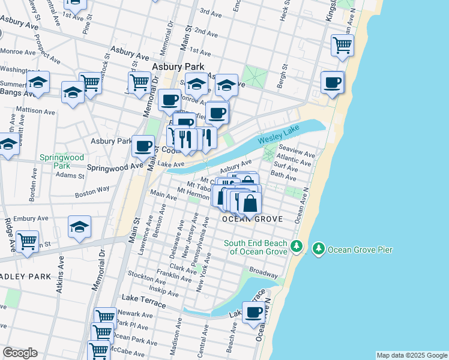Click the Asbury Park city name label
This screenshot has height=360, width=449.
(178, 67)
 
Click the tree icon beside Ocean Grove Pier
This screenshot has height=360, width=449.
(318, 248)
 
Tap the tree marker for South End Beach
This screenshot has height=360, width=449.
(295, 247)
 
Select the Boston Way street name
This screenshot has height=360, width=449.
(92, 191)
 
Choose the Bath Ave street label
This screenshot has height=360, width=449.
(283, 177)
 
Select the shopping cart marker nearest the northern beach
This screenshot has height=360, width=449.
(342, 45)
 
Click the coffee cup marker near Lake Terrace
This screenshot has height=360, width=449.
(253, 314)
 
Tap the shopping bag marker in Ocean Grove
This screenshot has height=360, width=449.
(250, 204)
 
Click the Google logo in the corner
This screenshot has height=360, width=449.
(20, 353)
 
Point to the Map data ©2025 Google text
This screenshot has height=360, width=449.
(412, 355)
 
